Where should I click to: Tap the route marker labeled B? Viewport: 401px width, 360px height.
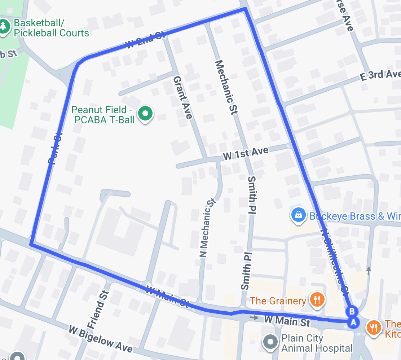pos(352,311)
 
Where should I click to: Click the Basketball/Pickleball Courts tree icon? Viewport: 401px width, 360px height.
pos(4,26)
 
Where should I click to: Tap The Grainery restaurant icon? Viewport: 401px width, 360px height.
pos(317,299)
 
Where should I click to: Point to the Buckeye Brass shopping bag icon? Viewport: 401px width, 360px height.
pos(299,215)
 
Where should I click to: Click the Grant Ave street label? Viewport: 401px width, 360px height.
pos(183,97)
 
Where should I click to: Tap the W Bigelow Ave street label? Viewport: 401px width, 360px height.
pos(101,339)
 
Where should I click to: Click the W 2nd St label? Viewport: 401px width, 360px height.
pos(145,40)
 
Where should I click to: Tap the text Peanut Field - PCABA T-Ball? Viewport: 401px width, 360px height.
pos(104,114)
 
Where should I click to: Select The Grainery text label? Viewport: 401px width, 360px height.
pos(278,300)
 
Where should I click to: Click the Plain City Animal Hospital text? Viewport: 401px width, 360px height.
pos(317,343)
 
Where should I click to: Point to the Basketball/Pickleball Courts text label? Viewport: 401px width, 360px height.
pos(51,28)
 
